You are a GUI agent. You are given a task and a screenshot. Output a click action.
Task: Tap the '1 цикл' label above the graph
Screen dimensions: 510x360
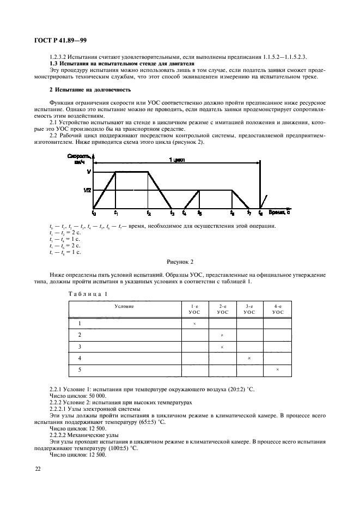tap(178, 160)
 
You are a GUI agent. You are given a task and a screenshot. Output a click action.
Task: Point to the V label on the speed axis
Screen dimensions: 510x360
tap(90, 172)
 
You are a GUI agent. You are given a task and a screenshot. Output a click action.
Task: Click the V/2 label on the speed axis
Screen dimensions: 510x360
tap(87, 191)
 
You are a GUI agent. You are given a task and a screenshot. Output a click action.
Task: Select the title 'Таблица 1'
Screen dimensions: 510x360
tap(88, 294)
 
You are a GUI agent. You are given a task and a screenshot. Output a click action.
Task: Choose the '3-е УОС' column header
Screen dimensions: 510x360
tap(249, 309)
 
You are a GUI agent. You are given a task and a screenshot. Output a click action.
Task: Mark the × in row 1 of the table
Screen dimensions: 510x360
tap(194, 324)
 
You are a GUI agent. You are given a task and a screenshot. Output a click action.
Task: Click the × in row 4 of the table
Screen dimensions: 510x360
tap(249, 358)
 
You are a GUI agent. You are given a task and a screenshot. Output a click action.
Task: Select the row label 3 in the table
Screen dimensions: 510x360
tap(80, 347)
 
